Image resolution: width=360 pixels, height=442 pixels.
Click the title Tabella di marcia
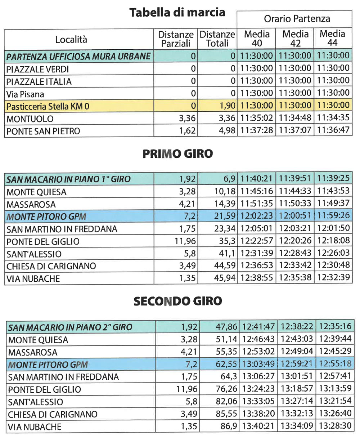(x=177, y=13)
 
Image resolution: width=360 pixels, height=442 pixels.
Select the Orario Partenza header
(x=297, y=19)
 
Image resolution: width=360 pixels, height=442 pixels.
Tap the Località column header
(x=71, y=39)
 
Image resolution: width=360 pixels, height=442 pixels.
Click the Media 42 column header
(x=295, y=39)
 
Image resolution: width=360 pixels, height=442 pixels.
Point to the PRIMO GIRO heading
(x=177, y=154)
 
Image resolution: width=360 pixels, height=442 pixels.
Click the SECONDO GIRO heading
(x=177, y=301)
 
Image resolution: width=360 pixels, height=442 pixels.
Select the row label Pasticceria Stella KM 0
(x=48, y=107)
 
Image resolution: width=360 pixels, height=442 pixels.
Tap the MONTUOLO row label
(x=30, y=119)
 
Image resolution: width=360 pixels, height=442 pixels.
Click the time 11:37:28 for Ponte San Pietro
(x=257, y=130)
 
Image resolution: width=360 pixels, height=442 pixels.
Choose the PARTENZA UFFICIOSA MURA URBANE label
(x=78, y=57)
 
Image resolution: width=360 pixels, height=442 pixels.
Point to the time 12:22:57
(x=257, y=241)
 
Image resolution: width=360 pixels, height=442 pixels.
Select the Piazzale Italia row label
(x=39, y=82)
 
